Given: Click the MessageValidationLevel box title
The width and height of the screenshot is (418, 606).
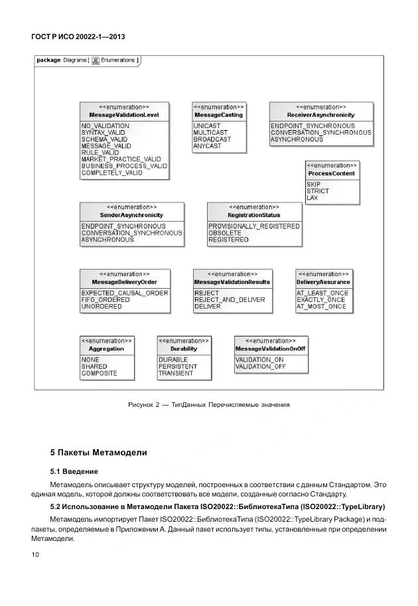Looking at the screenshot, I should click(124, 115).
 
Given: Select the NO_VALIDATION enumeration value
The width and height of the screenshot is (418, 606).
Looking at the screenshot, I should click(105, 125).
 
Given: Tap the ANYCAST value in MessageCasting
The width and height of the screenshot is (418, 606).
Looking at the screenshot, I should click(208, 146).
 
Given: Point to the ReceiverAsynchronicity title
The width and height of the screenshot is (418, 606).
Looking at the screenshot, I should click(321, 115).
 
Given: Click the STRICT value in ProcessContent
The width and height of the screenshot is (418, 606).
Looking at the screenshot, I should click(318, 191).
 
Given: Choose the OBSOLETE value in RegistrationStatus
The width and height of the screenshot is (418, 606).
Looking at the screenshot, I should click(225, 233).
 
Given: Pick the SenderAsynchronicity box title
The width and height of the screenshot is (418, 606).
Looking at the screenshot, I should click(131, 215).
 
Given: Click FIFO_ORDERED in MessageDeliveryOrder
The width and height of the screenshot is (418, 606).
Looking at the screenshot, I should click(106, 300).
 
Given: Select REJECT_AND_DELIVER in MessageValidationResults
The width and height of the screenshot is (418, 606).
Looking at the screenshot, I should click(230, 300).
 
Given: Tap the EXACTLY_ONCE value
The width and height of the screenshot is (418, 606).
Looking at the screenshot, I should click(321, 300).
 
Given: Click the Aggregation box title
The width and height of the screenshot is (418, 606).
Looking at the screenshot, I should click(106, 348).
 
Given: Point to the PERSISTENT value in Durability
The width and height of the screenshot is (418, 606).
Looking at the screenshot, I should click(178, 366).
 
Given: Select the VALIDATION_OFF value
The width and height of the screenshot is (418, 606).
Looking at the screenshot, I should click(261, 366).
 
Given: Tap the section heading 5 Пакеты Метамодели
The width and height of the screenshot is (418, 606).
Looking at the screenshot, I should click(99, 453).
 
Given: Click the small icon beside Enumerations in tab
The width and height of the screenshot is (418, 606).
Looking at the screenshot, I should click(96, 60).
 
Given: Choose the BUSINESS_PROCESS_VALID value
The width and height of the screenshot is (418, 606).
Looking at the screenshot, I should click(124, 166).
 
